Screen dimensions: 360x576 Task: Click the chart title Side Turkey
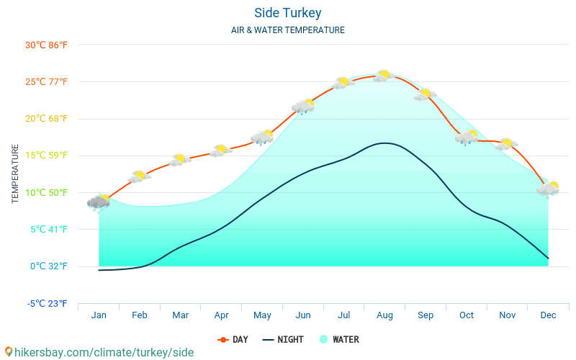click(x=287, y=13)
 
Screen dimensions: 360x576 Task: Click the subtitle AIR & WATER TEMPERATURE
click(x=287, y=30)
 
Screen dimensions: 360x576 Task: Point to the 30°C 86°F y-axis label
click(x=46, y=45)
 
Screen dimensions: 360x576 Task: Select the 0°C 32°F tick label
click(x=48, y=266)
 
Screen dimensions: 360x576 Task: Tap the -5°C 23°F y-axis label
click(x=47, y=303)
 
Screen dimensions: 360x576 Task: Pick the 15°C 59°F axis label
click(x=46, y=156)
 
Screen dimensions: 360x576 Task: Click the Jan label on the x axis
click(x=99, y=315)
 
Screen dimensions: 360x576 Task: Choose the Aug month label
click(x=384, y=315)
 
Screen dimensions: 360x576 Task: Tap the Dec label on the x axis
click(x=548, y=315)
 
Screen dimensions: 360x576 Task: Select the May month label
click(x=262, y=315)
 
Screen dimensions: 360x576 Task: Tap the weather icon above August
click(x=384, y=75)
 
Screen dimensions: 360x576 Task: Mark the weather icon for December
click(x=548, y=189)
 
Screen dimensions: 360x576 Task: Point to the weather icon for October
click(x=467, y=137)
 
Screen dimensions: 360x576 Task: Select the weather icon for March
click(x=180, y=159)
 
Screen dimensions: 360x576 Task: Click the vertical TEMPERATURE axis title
click(x=15, y=174)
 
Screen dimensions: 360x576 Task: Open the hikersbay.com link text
click(x=99, y=352)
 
